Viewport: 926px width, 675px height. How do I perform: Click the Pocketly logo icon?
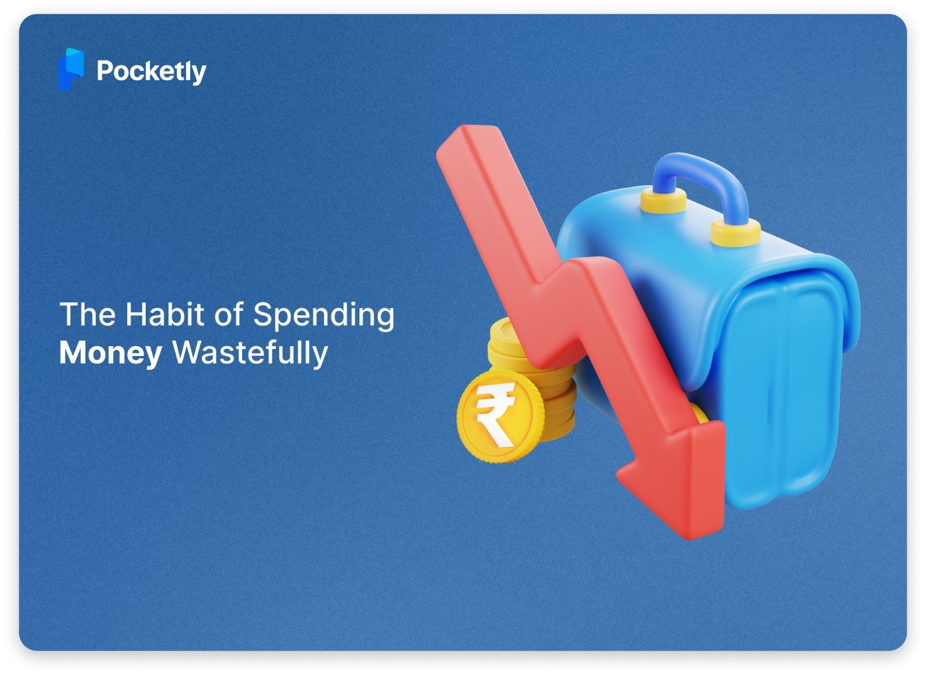pos(70,69)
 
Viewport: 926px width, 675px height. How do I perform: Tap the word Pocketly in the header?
pos(151,72)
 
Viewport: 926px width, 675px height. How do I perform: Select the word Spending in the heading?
pos(323,315)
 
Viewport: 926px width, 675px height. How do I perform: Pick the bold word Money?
pos(111,353)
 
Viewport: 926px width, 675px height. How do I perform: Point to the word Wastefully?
pos(250,353)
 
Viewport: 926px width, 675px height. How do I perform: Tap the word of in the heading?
pos(228,314)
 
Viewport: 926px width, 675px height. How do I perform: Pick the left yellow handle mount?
pos(663,200)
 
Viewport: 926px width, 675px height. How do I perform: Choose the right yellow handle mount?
pos(735,233)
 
